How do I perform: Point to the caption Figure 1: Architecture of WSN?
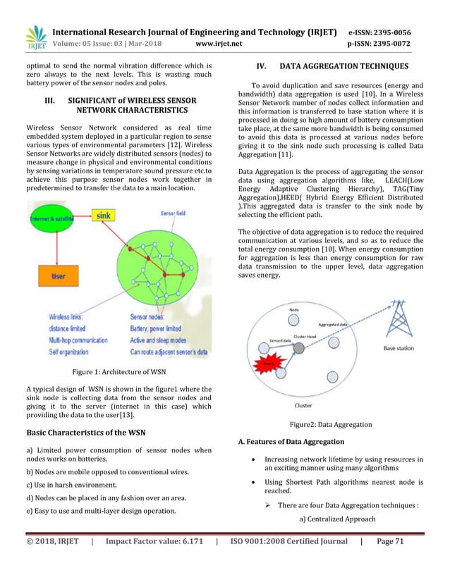pyautogui.click(x=119, y=373)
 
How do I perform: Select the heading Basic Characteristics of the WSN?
pyautogui.click(x=88, y=432)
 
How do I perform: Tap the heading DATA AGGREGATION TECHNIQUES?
pyautogui.click(x=344, y=67)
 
